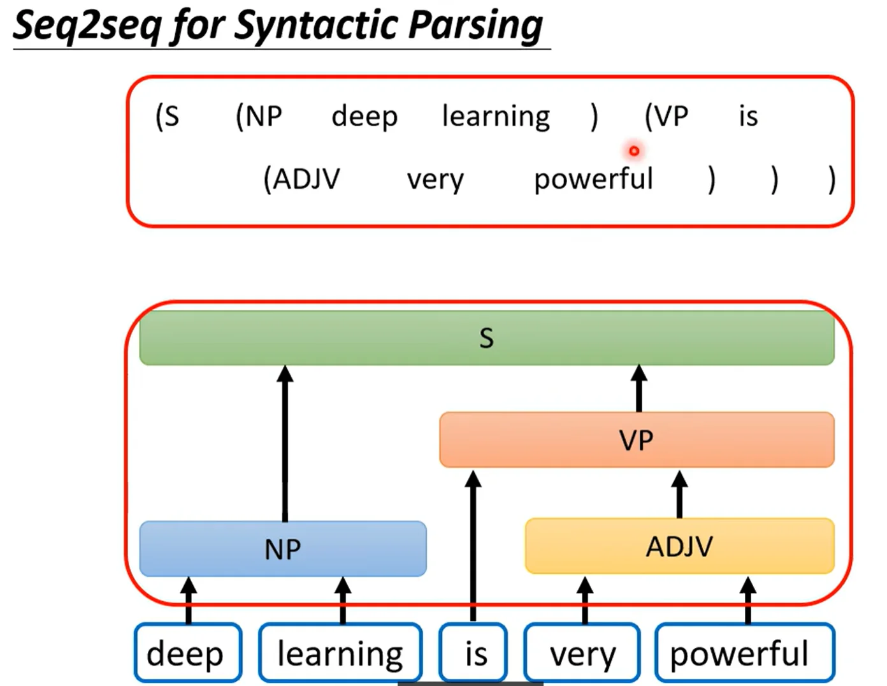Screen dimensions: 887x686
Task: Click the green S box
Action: (487, 338)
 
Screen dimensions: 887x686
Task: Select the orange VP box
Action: (637, 440)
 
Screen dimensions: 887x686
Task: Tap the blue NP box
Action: (283, 549)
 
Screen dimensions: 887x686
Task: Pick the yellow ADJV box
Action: (680, 546)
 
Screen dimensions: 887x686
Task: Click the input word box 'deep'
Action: (188, 652)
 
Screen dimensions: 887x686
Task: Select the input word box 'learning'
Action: (340, 652)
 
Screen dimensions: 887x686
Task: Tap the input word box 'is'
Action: (473, 652)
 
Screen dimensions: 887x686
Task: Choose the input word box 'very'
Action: (582, 652)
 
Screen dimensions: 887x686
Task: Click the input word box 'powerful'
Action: (745, 652)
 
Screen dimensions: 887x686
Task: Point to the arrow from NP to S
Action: (285, 444)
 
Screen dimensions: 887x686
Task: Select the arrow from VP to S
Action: (639, 388)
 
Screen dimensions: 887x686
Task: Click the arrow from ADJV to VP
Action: (679, 494)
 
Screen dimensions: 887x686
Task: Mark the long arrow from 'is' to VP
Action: (473, 546)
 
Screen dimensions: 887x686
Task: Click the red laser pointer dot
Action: (634, 152)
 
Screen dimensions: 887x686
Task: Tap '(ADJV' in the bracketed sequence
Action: (301, 179)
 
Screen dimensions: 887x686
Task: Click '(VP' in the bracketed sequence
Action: (667, 117)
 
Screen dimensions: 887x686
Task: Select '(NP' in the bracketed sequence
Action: (259, 117)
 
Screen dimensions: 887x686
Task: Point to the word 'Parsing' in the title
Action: (475, 26)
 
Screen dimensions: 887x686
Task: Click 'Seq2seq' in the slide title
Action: (86, 26)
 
